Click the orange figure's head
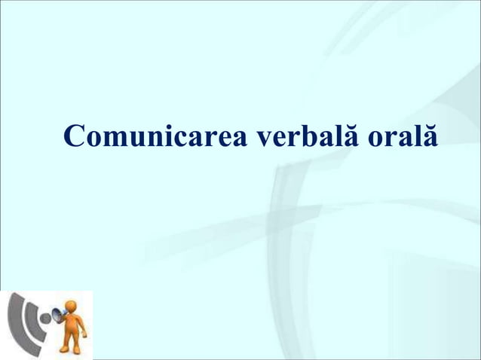tap(70, 307)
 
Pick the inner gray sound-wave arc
tap(31, 320)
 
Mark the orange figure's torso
tap(72, 325)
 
